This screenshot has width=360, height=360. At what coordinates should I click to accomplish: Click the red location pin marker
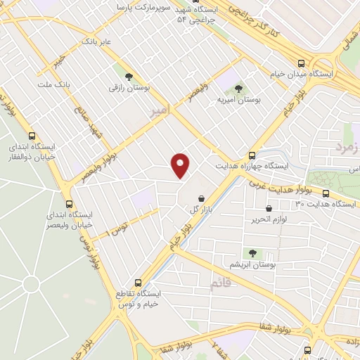coord(181,165)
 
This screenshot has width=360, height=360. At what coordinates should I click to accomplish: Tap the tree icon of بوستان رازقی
coord(129,76)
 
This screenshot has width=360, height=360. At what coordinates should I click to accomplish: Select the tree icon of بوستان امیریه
coord(238,89)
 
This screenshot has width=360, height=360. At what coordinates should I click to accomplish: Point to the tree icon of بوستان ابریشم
coord(252,252)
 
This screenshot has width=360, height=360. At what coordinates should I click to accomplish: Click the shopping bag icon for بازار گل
coord(202,198)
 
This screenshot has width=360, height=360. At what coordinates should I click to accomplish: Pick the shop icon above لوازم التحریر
coord(269,208)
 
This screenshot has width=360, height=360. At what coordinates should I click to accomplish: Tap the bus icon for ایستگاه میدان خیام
coord(301,62)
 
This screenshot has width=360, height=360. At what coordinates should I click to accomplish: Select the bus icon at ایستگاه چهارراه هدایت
coord(252,155)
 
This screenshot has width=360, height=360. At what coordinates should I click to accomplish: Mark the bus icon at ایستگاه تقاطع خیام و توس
coord(139,281)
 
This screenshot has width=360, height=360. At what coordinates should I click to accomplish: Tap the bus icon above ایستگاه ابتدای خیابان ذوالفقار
coord(31,136)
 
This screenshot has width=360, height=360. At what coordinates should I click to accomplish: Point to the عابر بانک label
coord(97,42)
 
